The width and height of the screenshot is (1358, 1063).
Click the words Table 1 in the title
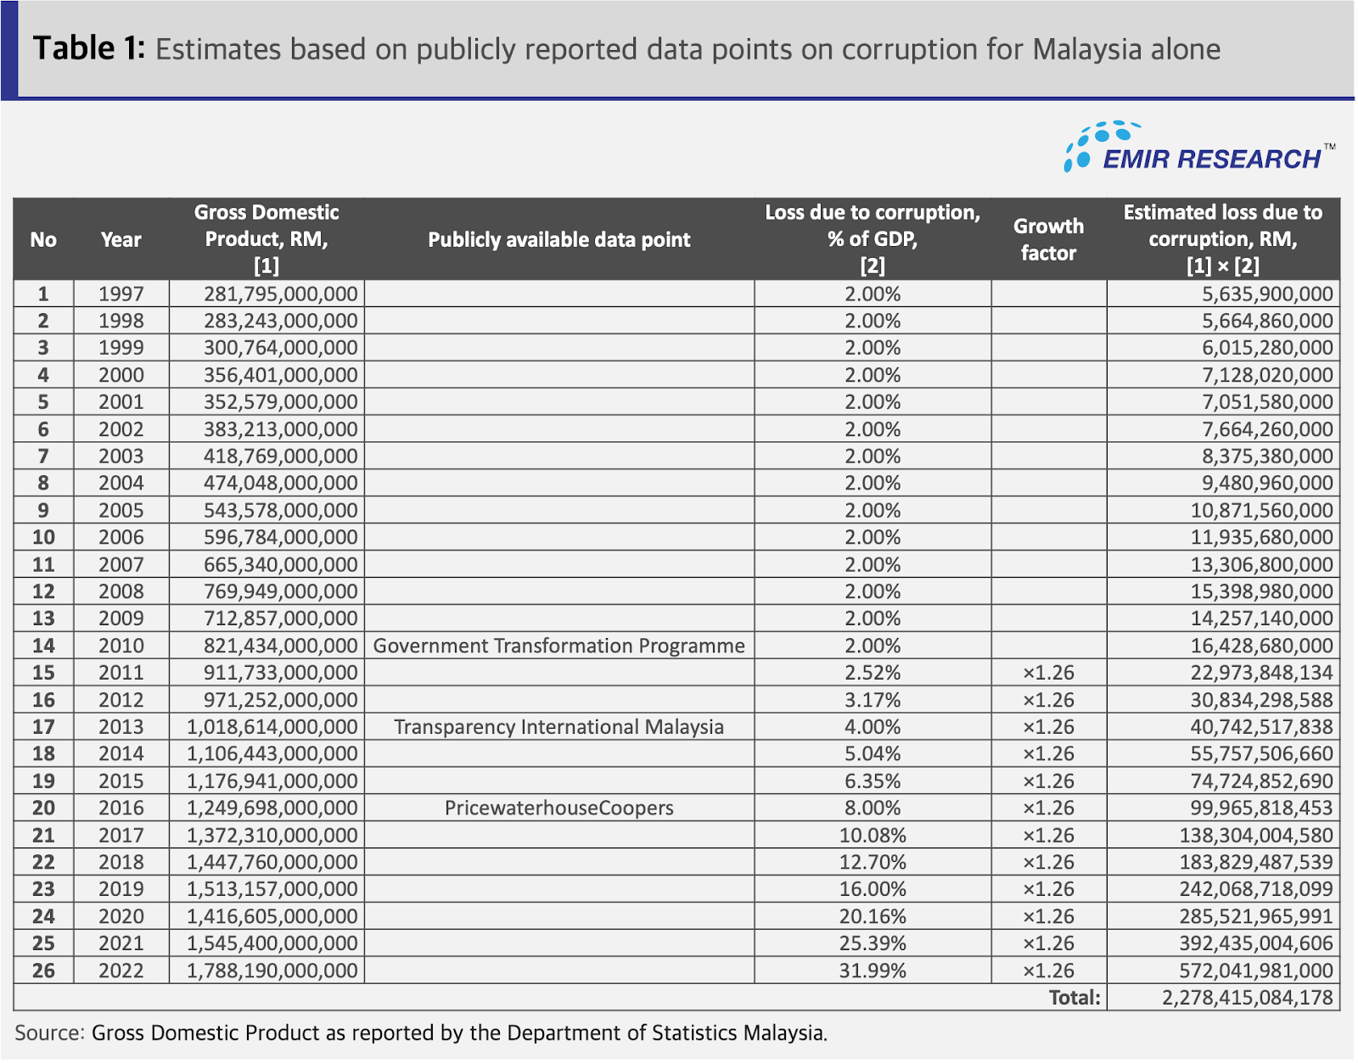89,48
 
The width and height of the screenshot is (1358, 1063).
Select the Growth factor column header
1048,239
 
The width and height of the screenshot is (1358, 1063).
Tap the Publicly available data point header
558,239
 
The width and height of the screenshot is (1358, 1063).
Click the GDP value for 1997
281,294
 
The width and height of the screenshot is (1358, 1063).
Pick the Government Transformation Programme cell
558,645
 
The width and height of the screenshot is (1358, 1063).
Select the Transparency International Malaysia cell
558,726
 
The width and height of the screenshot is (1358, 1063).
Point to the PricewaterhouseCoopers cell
558,808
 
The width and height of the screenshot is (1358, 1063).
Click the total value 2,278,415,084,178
1248,998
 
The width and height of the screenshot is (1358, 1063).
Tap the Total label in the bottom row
1075,998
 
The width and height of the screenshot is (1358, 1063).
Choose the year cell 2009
121,618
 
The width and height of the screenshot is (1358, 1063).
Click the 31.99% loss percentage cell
873,971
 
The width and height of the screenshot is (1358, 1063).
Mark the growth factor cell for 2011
1048,673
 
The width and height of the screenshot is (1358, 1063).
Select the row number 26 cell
43,971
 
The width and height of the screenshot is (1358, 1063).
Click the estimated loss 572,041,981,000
1256,971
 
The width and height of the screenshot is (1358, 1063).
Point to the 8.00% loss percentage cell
873,808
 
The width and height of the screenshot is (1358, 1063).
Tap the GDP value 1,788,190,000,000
272,971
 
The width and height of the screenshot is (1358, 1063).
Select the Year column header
121,239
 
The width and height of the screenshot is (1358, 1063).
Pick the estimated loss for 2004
1267,483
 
